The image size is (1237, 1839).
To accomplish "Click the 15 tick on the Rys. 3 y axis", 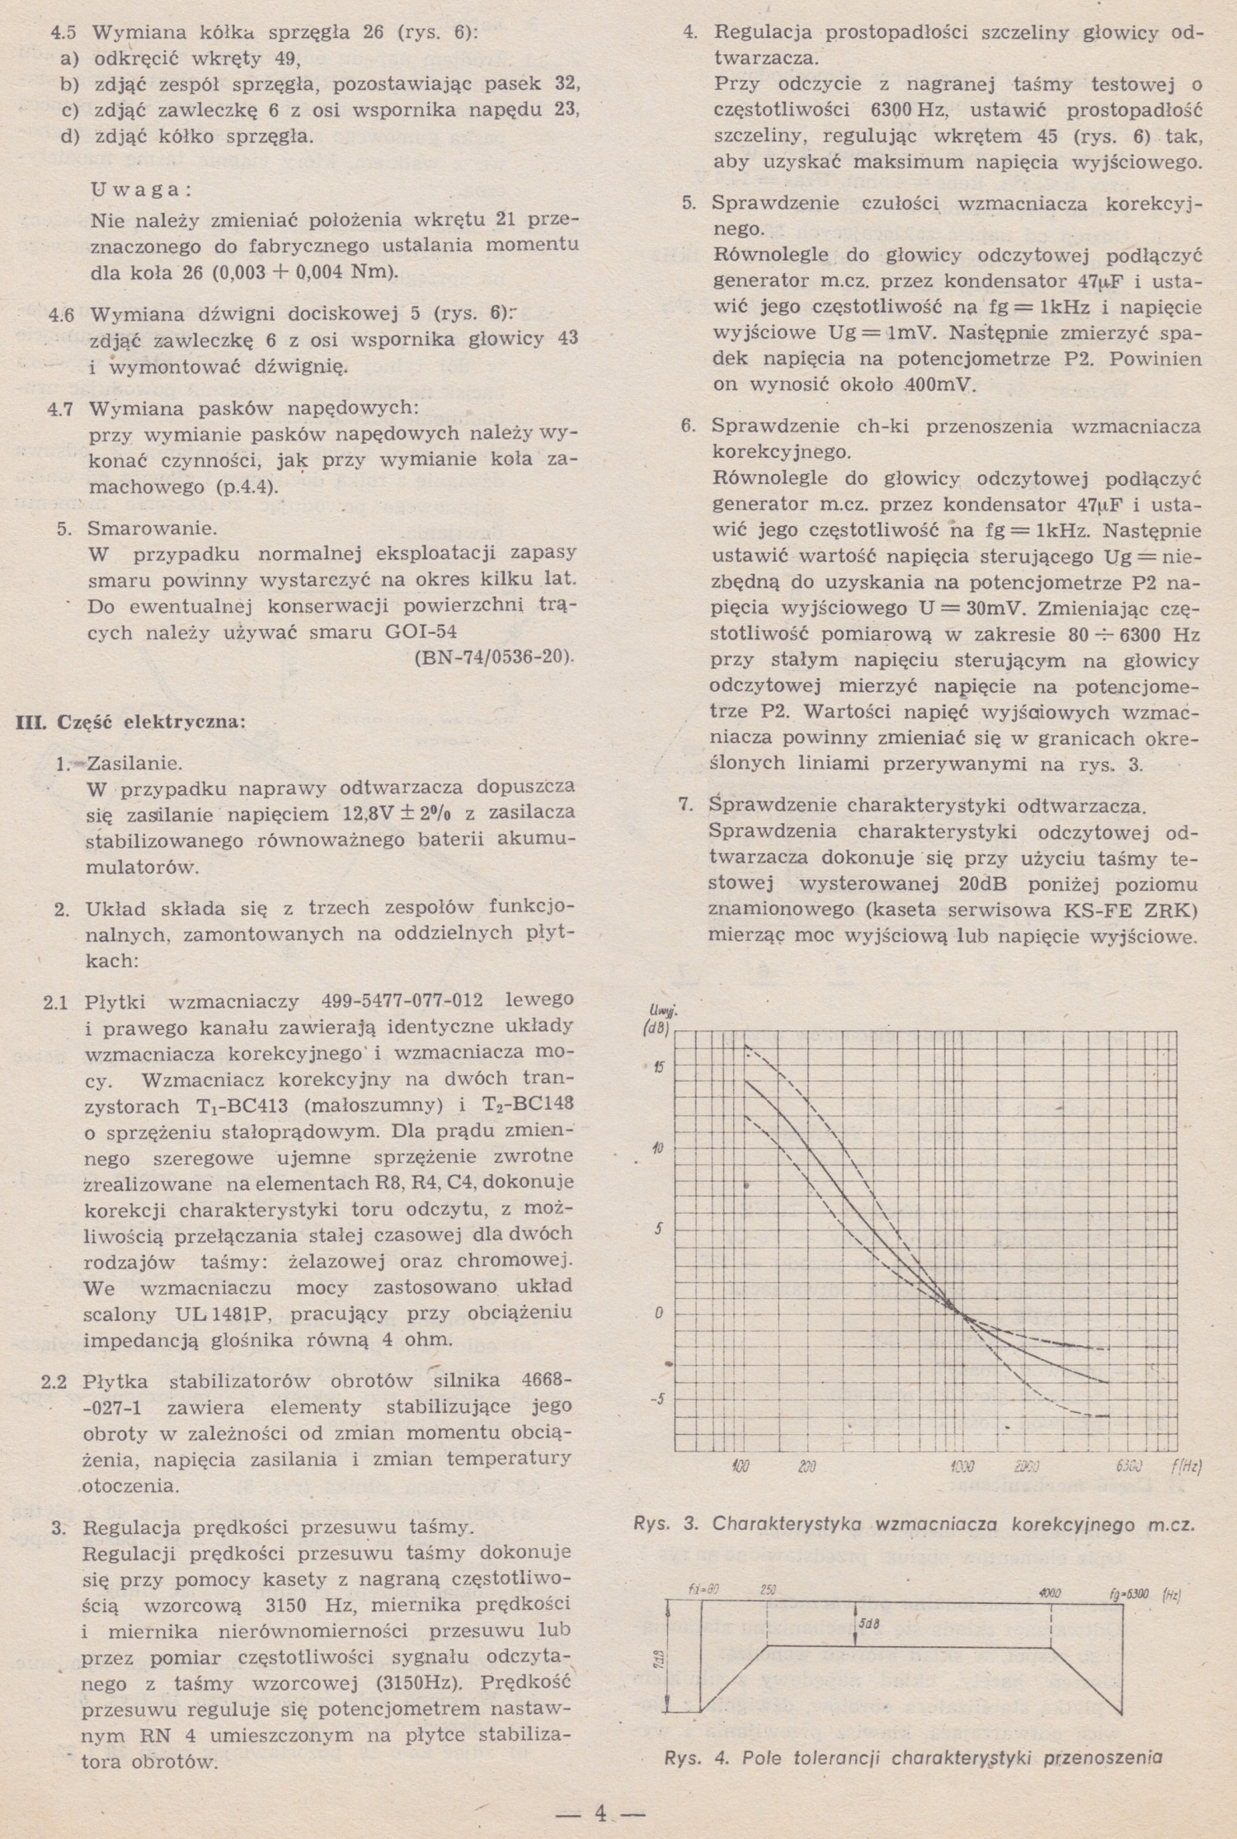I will point(657,1066).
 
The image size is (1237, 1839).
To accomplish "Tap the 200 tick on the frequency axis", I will point(807,1467).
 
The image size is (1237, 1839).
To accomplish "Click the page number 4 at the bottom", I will point(600,1813).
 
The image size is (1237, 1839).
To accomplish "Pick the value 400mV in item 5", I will point(940,385).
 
